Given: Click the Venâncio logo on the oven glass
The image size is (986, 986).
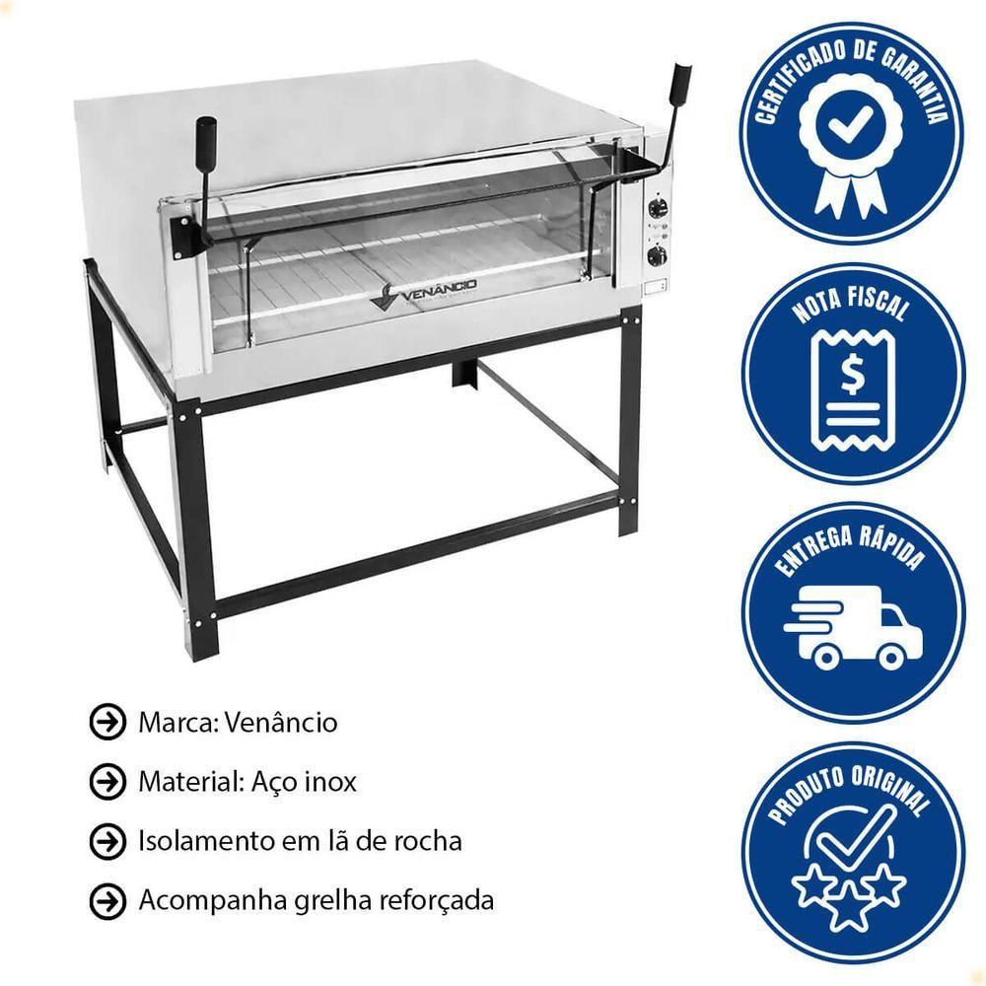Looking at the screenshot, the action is pyautogui.click(x=423, y=293).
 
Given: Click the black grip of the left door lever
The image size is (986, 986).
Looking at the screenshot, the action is pyautogui.click(x=206, y=134).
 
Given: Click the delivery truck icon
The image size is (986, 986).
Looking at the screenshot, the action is pyautogui.click(x=853, y=628).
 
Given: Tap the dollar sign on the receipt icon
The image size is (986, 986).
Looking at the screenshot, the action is pyautogui.click(x=853, y=375).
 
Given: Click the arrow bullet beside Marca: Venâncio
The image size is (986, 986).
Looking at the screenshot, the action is pyautogui.click(x=107, y=722).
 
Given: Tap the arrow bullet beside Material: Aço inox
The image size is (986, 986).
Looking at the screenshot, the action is pyautogui.click(x=107, y=781).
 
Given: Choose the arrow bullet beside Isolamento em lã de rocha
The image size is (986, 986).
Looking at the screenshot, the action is pyautogui.click(x=107, y=841).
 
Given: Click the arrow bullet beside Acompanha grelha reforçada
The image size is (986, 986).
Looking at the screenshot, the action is pyautogui.click(x=107, y=900).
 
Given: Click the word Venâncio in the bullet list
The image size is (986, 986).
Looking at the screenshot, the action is pyautogui.click(x=280, y=722).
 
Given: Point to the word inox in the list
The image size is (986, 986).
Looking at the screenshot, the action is pyautogui.click(x=330, y=782).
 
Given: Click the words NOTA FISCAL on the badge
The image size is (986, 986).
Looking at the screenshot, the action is pyautogui.click(x=850, y=303).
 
